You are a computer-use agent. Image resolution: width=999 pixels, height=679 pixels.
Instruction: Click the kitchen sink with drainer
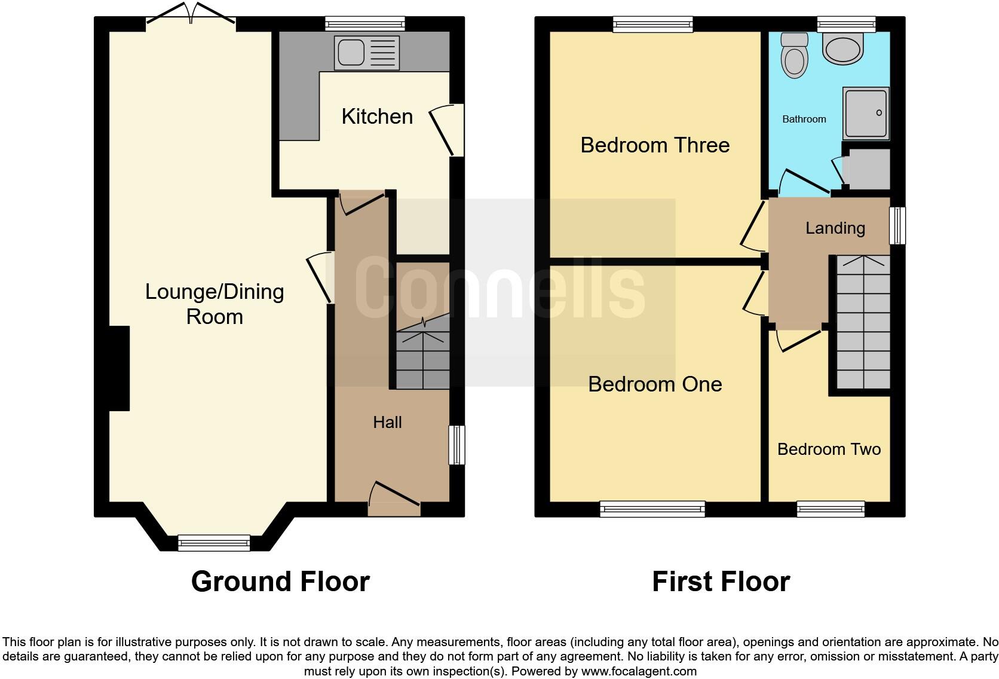[x=367, y=53]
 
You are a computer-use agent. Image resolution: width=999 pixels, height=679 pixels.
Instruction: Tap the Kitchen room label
[x=377, y=117]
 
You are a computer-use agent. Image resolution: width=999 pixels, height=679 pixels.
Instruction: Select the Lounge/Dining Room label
[x=214, y=304]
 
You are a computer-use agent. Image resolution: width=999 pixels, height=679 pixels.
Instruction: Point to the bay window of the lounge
[x=214, y=542]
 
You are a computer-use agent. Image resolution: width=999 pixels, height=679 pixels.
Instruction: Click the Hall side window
[x=457, y=445]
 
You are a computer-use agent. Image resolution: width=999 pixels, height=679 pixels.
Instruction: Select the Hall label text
[x=387, y=423]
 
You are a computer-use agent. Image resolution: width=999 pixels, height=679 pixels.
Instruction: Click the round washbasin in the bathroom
[x=843, y=48]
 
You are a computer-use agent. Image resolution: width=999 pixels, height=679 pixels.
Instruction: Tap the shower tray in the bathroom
[x=866, y=113]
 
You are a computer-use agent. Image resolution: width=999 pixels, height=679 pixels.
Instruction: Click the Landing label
[x=835, y=228]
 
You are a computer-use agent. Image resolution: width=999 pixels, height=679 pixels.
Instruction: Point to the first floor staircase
[x=863, y=323]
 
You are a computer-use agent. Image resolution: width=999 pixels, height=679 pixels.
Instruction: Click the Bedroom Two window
[x=831, y=509]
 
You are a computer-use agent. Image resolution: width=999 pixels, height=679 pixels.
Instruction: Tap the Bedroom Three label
[x=655, y=145]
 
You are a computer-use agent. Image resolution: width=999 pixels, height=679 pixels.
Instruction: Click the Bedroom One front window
[x=652, y=509]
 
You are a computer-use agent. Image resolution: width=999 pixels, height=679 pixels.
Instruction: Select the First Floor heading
[x=721, y=582]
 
